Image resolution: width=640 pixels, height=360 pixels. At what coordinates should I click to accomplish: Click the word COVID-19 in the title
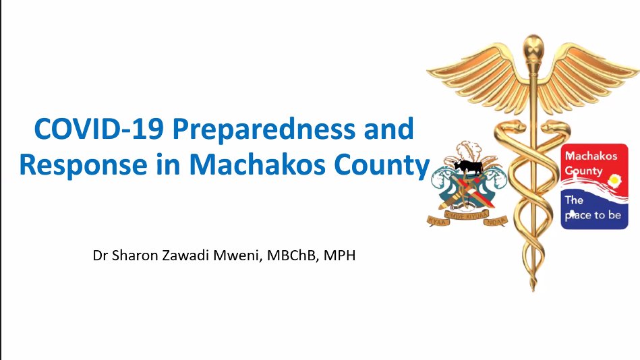click(x=99, y=129)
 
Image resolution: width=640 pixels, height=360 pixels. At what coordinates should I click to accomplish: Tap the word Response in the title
click(x=83, y=166)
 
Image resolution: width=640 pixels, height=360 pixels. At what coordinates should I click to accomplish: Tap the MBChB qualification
click(x=292, y=256)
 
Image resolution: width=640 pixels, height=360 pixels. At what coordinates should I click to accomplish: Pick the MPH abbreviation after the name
click(x=339, y=256)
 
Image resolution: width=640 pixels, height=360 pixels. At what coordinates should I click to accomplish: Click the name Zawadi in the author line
click(x=185, y=256)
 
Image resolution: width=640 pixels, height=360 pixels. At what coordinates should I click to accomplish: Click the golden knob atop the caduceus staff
click(x=533, y=46)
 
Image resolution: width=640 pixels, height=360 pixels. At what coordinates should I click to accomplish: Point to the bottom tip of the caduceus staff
click(x=533, y=291)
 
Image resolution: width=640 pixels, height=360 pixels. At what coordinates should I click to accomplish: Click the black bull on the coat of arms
click(x=468, y=166)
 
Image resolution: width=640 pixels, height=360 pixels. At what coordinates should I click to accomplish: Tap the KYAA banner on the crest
click(x=438, y=222)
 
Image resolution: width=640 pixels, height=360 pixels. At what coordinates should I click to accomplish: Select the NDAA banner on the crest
click(x=496, y=221)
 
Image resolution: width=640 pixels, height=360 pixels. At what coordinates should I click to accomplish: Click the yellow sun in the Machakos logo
click(x=614, y=180)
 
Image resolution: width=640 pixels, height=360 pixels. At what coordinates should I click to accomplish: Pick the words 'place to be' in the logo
click(x=593, y=215)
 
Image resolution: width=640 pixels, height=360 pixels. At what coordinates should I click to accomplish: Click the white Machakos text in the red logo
click(x=591, y=156)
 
